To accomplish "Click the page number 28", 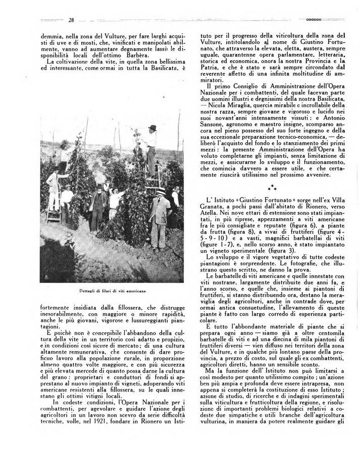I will click(71, 20).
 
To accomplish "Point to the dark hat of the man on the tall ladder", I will click(152, 128).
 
